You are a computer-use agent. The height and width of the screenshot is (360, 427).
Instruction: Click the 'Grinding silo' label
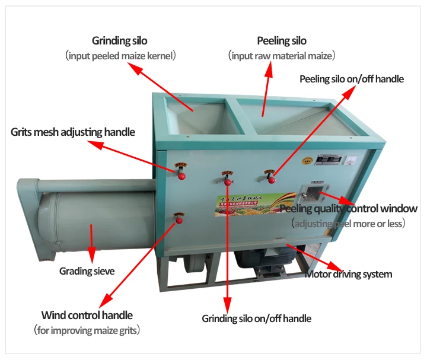point(119,41)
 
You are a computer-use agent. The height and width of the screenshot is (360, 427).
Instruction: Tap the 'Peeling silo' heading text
point(282,41)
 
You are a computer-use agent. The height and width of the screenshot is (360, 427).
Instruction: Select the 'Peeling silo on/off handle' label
point(351,79)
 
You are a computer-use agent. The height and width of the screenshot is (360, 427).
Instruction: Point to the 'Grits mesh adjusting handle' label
point(73,132)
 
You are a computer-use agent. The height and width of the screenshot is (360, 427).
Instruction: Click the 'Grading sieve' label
point(87,271)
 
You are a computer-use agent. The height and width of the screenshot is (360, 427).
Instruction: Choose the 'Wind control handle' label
point(87,315)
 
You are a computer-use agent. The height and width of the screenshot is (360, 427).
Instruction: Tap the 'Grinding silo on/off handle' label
point(256,318)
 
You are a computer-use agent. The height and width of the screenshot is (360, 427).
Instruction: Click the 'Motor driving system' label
point(348,274)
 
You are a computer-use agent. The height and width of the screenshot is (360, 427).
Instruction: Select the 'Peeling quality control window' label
point(349,209)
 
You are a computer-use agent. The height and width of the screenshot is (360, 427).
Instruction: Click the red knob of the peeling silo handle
point(270,176)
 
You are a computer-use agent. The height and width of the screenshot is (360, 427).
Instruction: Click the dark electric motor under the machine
point(264,262)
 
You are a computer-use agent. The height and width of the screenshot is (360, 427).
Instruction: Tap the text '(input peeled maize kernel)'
point(120,56)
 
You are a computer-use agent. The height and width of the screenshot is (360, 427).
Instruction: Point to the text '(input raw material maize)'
point(282,56)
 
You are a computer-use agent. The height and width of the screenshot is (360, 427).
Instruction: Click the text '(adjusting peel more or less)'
point(349,224)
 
